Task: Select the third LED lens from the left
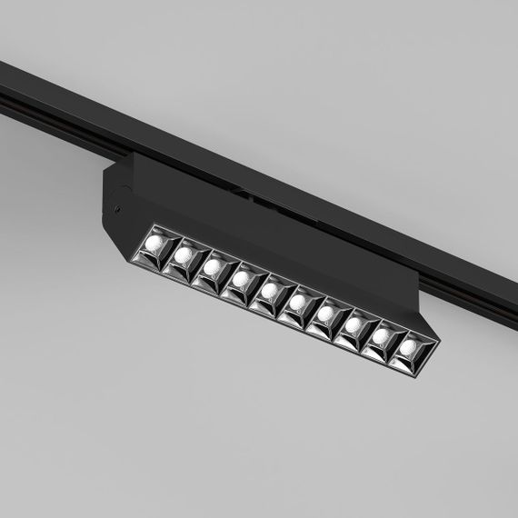(x=214, y=268)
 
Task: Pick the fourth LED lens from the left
(x=242, y=281)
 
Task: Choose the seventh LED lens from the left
(x=326, y=315)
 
